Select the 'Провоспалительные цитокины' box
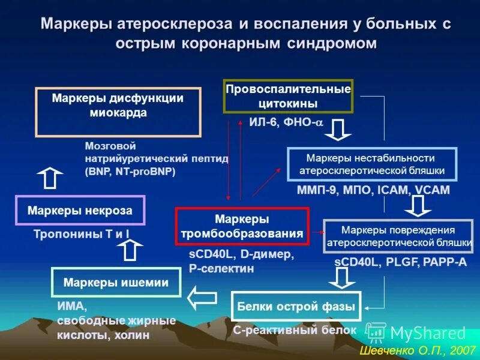coord(288,96)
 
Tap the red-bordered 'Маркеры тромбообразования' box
coord(242,226)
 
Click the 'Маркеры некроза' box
coord(80,210)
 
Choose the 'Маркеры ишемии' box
coord(116,283)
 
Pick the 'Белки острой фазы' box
coord(296,307)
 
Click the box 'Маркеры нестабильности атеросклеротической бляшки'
coord(372,164)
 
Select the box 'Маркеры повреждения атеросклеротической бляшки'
coord(398,236)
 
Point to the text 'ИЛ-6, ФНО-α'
coord(286,123)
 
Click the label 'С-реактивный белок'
coord(295,330)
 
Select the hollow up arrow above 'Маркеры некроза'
coord(50,178)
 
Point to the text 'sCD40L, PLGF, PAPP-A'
coord(400,263)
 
